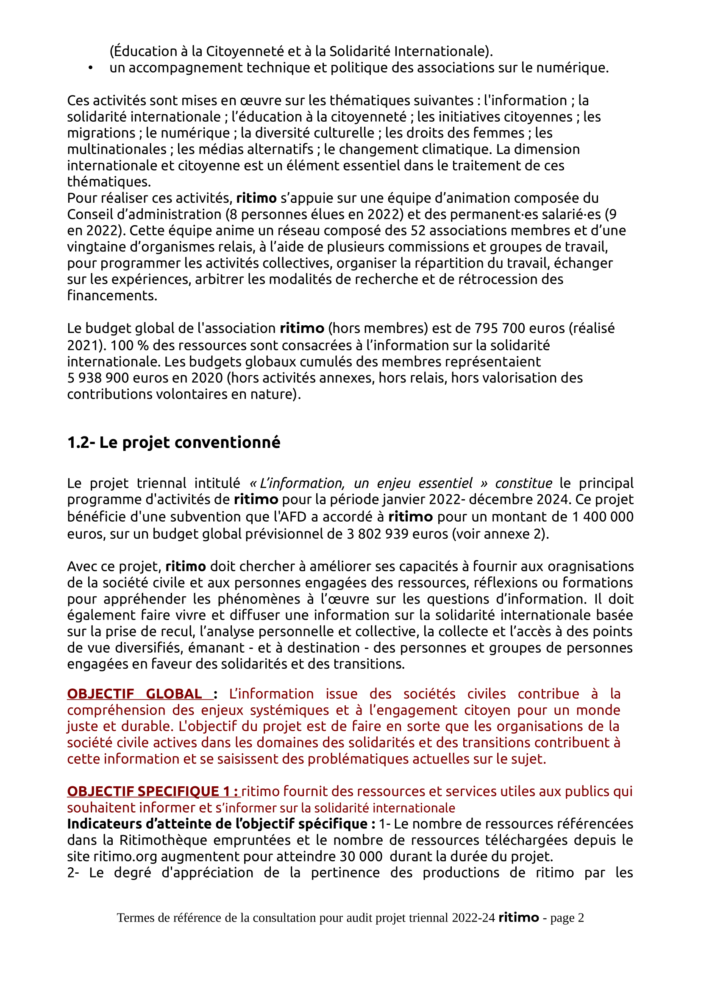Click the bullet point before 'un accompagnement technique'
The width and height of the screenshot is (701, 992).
(90, 68)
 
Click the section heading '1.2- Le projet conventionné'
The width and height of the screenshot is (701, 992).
(173, 442)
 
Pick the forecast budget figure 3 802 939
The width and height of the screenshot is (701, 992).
(378, 534)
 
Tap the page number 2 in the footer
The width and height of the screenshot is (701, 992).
(581, 918)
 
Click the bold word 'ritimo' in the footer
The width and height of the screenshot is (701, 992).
(518, 918)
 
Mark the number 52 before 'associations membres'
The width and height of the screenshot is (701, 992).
(418, 231)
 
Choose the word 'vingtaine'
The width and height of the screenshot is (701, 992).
(92, 247)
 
